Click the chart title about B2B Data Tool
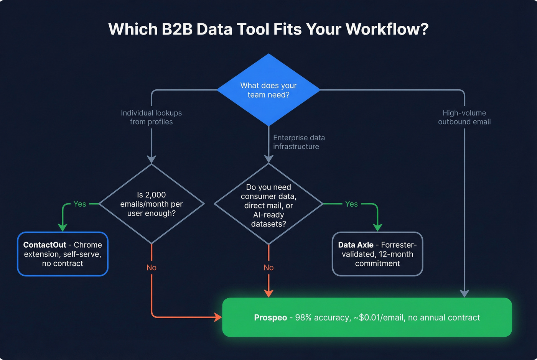[268, 30]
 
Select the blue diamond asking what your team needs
[268, 90]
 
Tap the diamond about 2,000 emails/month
[152, 204]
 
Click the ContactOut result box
[63, 254]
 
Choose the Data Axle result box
[377, 254]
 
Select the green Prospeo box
[367, 317]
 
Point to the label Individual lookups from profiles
[151, 117]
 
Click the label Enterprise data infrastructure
[298, 142]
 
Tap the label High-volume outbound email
[464, 117]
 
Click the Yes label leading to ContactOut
[80, 204]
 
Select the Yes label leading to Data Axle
[351, 204]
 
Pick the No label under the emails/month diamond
[152, 268]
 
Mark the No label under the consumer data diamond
[268, 268]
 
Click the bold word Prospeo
[270, 318]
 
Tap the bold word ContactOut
[44, 245]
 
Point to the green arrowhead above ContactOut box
[63, 227]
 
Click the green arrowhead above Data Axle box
[377, 227]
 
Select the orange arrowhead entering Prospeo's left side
[218, 317]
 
